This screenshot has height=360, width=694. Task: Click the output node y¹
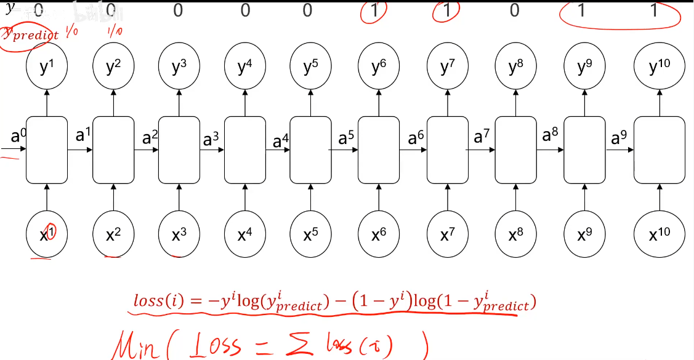point(46,67)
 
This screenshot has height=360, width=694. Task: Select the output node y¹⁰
point(660,67)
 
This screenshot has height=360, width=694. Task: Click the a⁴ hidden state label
point(281,141)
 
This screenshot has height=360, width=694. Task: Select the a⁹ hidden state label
point(618,138)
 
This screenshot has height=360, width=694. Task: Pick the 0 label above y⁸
point(515,10)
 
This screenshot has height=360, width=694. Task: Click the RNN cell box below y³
point(179,150)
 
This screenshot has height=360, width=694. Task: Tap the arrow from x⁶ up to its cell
point(378,198)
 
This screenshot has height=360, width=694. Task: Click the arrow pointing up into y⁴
point(245,101)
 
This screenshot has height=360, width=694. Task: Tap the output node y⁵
point(311,67)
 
